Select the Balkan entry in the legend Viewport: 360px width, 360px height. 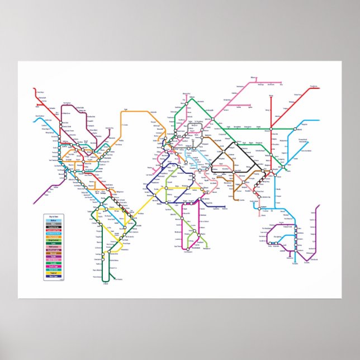[x=54, y=220]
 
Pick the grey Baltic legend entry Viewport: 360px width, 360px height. [x=54, y=224]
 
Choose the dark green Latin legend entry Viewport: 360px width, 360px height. [x=54, y=243]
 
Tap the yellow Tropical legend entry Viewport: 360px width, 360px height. [x=54, y=273]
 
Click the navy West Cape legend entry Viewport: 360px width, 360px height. [x=54, y=277]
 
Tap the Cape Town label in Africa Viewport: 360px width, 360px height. [x=178, y=246]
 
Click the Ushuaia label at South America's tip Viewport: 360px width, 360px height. [x=105, y=285]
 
